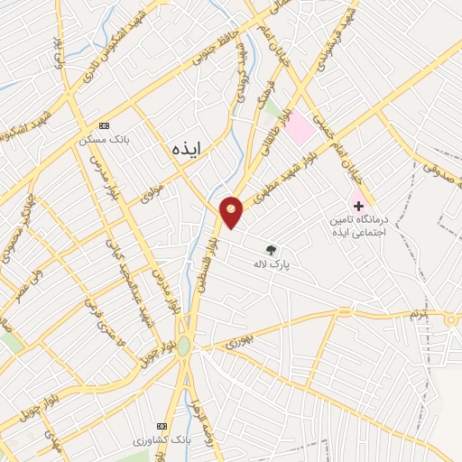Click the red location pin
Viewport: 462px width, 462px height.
click(232, 211)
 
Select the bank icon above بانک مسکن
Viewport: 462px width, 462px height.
click(104, 125)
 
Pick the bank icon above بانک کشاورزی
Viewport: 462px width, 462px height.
click(162, 426)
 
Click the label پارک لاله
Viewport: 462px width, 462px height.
click(271, 264)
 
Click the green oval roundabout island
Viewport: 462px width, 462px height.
click(184, 346)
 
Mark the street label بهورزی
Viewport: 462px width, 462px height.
click(236, 342)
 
